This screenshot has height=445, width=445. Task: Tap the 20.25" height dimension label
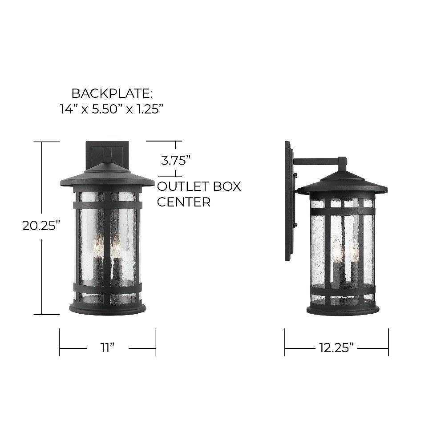[x=41, y=226]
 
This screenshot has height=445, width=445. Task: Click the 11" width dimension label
[x=107, y=348]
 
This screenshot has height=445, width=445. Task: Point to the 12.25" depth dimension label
[x=336, y=348]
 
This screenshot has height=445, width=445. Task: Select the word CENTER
[x=184, y=202]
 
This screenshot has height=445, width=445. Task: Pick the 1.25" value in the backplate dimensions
[x=149, y=109]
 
